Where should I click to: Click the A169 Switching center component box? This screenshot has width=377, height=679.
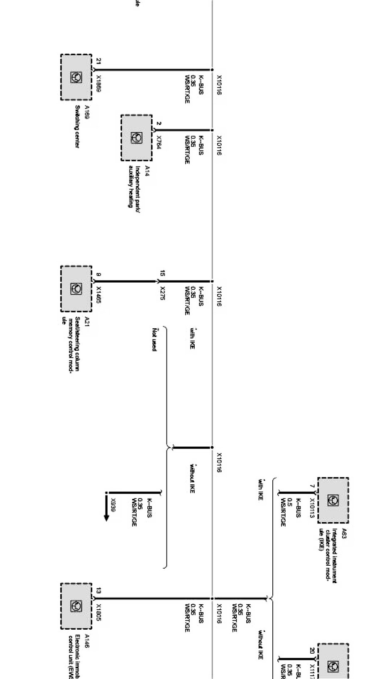(76, 77)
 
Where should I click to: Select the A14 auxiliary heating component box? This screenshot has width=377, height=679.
(136, 138)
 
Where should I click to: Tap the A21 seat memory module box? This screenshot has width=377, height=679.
(76, 288)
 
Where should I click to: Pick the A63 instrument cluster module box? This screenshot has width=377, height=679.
(333, 500)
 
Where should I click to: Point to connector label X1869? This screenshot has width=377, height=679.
(99, 83)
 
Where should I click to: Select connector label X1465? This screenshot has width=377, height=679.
(99, 295)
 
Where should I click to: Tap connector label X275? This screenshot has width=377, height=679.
(162, 291)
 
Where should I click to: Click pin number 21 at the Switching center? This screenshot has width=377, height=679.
(98, 61)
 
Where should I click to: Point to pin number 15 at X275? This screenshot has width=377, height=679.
(162, 274)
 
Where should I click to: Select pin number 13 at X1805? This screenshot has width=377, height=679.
(98, 591)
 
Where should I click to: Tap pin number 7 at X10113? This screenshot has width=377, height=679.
(312, 486)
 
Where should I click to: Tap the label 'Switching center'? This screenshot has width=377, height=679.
(77, 126)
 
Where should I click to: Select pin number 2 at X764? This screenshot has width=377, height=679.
(159, 123)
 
